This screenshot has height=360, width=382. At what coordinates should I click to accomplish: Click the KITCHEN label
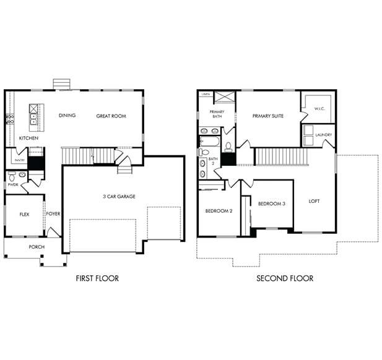28,138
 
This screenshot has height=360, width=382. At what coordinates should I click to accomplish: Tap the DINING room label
67,116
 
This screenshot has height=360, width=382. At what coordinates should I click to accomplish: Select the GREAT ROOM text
111,116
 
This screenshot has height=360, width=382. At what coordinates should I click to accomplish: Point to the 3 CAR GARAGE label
119,197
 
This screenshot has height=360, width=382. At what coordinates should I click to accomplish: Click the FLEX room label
25,214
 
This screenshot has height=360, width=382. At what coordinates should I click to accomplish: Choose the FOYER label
53,214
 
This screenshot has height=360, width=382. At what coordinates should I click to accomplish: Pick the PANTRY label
19,160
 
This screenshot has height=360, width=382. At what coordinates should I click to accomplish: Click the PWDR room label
13,184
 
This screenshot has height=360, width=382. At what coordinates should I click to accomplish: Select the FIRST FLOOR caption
97,278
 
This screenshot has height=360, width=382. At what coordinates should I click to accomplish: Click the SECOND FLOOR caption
285,278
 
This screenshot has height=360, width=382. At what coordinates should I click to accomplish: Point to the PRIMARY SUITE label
268,116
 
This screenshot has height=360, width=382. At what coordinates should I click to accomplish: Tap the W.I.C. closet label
319,109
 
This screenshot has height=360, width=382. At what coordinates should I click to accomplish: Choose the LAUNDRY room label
323,135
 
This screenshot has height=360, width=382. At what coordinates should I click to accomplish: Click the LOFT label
315,201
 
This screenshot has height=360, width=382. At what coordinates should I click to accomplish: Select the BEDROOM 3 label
272,204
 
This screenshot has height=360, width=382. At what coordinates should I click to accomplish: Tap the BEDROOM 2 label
219,211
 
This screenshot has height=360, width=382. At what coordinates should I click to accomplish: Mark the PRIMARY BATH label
217,114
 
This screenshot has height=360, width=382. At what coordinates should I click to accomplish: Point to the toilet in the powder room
22,175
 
